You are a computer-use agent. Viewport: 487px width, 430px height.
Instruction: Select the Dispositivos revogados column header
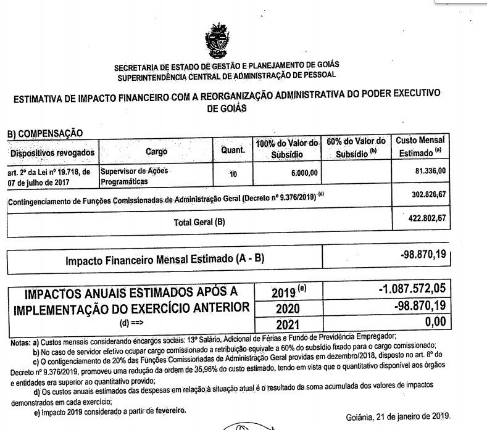(x=52, y=152)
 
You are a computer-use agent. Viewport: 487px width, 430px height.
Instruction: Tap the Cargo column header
(x=156, y=151)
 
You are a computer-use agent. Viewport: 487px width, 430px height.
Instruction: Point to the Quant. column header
(x=233, y=150)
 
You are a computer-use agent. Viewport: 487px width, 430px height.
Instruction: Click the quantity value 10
(x=233, y=175)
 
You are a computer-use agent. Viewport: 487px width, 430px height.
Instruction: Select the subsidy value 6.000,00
(x=302, y=173)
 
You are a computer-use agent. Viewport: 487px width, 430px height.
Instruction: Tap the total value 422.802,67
(x=426, y=218)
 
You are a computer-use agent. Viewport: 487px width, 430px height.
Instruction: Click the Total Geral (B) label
(x=199, y=222)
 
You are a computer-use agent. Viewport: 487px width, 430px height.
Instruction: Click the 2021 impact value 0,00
(x=431, y=321)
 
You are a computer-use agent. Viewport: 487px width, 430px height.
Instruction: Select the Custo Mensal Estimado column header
(x=420, y=146)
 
